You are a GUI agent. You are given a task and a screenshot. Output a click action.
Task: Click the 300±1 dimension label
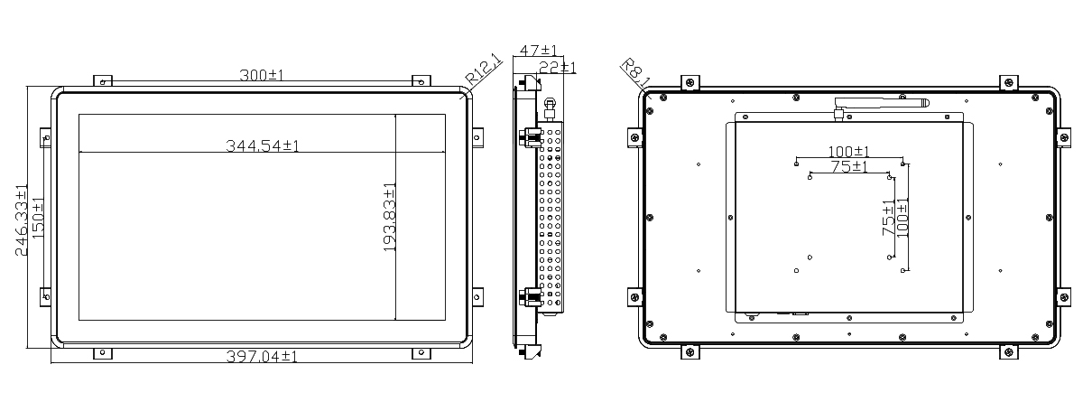pos(262,76)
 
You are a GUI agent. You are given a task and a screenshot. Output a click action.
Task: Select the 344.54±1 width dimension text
pos(263,145)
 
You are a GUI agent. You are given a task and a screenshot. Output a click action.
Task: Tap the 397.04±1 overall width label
pos(262,357)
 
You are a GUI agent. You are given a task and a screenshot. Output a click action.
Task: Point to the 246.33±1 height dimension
pos(21,220)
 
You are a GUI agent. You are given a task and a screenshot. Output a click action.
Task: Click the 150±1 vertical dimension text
pos(37,218)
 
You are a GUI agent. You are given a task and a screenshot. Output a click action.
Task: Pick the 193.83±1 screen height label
pos(389,217)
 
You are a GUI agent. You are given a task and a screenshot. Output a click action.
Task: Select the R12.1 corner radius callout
pos(483,70)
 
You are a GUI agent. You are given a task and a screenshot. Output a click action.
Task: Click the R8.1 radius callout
pos(635,73)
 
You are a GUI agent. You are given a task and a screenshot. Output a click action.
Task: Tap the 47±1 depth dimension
pos(538,51)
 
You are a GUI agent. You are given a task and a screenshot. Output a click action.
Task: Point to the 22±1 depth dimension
pos(558,67)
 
